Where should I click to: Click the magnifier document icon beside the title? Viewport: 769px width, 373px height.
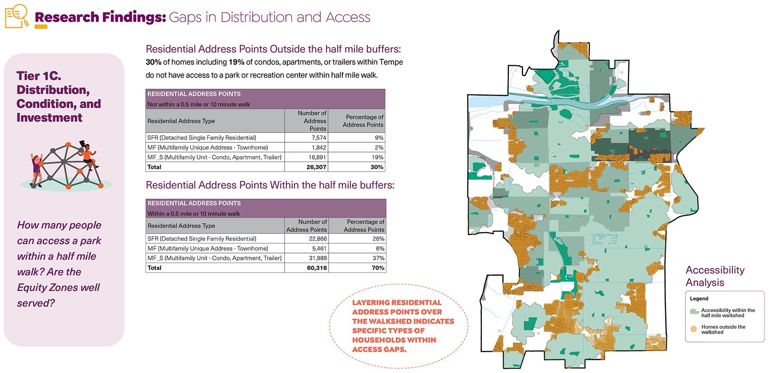coord(17,16)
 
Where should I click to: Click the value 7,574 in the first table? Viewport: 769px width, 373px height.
coord(318,138)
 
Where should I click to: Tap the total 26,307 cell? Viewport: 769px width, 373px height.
coord(316,167)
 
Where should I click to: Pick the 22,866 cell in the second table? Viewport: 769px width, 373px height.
coord(318,239)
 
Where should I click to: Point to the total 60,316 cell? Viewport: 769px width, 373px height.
coord(317,268)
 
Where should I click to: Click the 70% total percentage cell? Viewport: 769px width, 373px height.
coord(378,268)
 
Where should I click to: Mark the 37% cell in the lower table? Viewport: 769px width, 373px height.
coord(378,258)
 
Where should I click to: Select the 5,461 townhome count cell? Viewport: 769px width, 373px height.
coord(319,249)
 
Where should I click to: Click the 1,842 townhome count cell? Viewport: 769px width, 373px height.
coord(318,148)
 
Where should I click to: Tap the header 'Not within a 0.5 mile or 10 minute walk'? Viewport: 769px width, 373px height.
coord(199,104)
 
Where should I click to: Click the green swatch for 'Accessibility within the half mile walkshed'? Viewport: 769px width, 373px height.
coord(694,312)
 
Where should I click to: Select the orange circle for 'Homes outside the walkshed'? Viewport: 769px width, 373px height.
coord(693,329)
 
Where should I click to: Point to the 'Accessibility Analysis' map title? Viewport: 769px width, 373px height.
coord(714,276)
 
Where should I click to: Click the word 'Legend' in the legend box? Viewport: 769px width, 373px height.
coord(699,299)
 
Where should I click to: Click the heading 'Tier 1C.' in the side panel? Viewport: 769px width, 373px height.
coord(38,76)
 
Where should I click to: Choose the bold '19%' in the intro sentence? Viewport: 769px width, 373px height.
coord(236,62)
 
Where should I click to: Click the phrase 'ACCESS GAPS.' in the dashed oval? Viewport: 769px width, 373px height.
coord(379,349)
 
